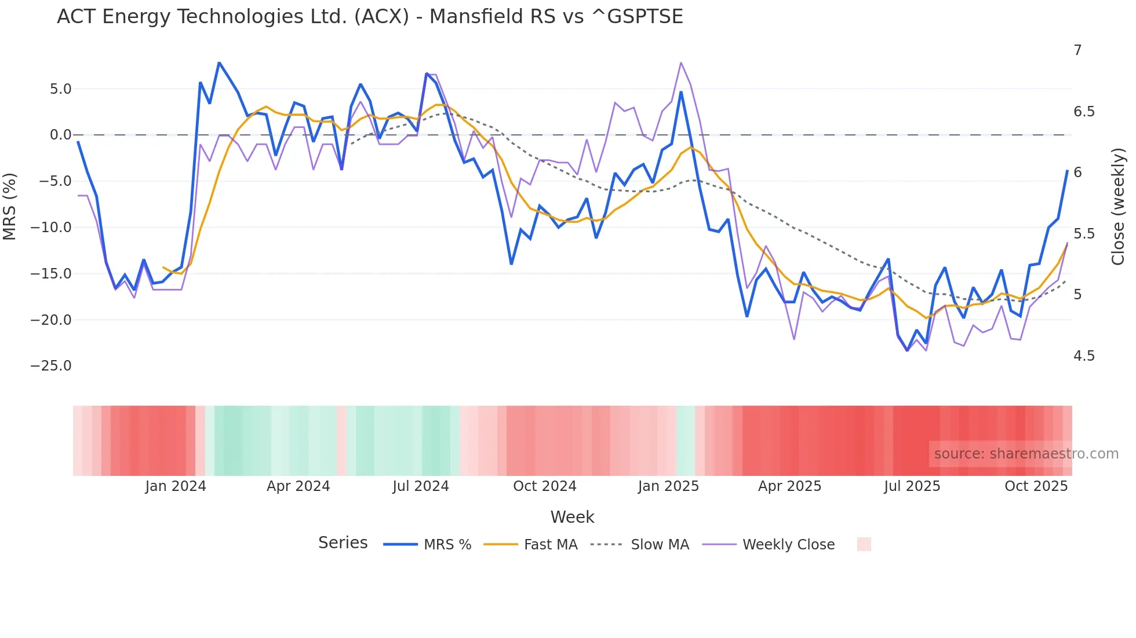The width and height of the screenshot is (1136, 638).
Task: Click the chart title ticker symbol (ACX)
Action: coord(382,17)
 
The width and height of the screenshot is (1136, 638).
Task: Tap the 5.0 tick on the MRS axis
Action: coord(60,89)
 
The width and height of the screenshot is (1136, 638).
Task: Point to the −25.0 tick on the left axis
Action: coord(51,366)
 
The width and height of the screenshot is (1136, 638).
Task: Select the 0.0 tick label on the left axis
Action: coord(60,135)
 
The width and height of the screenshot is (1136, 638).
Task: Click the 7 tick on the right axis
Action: coord(1077,50)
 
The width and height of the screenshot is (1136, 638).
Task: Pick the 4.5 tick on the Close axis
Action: coord(1084,356)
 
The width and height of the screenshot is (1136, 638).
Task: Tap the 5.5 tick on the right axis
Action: coord(1084,234)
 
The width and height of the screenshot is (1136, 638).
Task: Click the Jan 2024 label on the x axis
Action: coord(175,486)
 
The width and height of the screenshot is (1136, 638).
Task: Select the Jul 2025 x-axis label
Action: coord(912,486)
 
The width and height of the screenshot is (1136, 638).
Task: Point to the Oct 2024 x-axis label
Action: coord(544,486)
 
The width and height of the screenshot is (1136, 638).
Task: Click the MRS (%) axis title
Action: coord(10,206)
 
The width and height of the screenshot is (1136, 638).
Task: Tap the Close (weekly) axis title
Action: coord(1118,206)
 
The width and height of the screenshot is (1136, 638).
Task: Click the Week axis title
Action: coord(572,517)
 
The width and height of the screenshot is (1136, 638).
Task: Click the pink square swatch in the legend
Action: coord(864,544)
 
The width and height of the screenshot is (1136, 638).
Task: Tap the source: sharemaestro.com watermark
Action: coord(1026,454)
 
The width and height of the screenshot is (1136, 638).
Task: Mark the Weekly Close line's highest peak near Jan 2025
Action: coord(681,63)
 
